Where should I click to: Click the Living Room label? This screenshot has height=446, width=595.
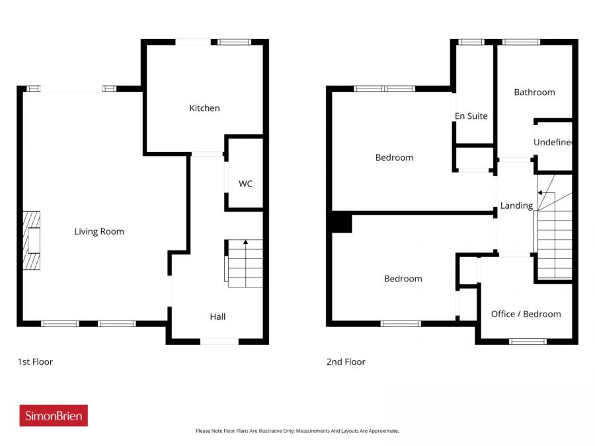coord(99,231)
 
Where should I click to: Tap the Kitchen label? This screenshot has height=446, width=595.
coord(204,108)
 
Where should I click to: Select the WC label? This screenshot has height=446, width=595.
coord(245,184)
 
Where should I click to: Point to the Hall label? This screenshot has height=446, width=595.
coord(218,316)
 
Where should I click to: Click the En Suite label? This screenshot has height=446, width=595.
coord(471,116)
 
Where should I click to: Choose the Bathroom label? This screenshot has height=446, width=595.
coord(534,92)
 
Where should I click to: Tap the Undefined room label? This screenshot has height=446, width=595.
coord(553,142)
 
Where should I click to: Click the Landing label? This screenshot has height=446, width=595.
coord(516,205)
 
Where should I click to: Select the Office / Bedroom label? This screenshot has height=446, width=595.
coord(526,314)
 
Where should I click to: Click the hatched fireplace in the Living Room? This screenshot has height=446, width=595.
coord(32,241)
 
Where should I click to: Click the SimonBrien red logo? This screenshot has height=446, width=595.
coord(54,416)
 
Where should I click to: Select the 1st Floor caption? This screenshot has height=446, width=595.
coord(35,361)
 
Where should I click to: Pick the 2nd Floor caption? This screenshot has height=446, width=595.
coord(346,361)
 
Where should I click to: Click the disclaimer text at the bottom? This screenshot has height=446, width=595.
coord(297,431)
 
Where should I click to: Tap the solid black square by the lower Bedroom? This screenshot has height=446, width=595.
coord(341,223)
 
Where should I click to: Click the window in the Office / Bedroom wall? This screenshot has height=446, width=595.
coord(528,341)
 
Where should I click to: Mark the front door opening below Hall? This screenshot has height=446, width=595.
coord(219,341)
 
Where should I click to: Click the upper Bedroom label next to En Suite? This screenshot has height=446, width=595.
coord(394,157)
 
